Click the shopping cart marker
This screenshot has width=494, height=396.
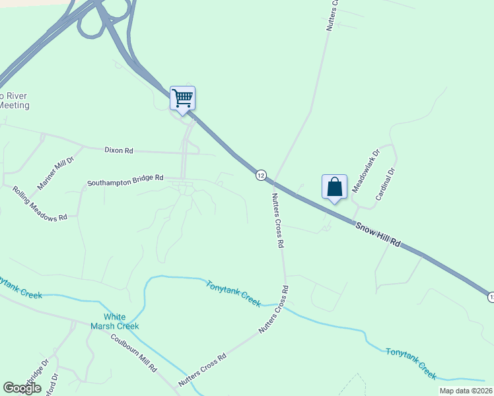coord(182,98)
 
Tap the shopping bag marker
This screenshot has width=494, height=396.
coord(334,187)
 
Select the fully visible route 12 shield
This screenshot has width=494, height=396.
coord(262,175)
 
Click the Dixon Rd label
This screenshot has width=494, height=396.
coord(119,150)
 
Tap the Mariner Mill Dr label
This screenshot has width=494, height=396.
coord(55,174)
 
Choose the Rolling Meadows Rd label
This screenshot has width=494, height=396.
coord(40,203)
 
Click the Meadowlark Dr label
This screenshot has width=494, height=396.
coord(366,171)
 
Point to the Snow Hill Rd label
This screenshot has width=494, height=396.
coord(378,234)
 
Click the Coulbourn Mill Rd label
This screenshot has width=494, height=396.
coord(134,352)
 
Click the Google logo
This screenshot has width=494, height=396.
coord(22,388)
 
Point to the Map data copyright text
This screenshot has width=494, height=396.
coord(466,391)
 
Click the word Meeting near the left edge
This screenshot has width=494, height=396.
coord(15,105)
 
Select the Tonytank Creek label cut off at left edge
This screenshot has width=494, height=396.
coord(20,288)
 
